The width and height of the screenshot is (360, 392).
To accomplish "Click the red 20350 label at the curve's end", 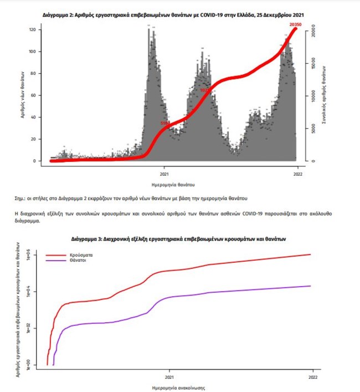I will click(295, 25).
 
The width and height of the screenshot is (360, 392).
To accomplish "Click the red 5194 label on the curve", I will click(165, 123).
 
